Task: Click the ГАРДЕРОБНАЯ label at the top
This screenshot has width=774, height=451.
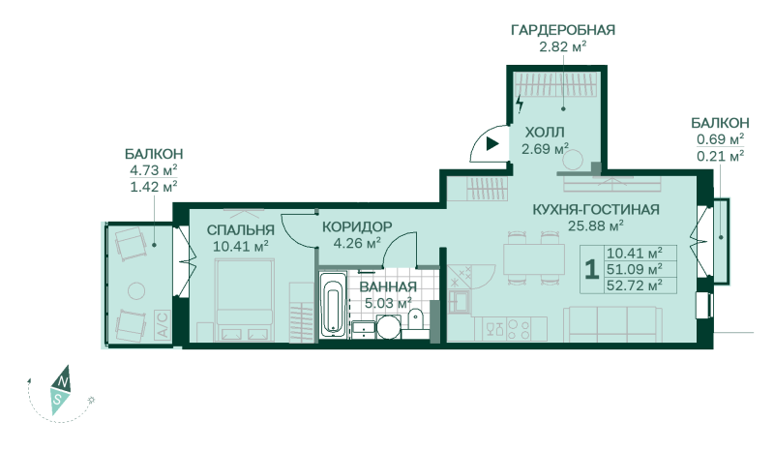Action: pos(563,30)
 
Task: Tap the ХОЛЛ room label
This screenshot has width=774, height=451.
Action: pos(545,133)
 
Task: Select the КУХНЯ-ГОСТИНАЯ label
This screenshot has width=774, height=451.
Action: pos(596,209)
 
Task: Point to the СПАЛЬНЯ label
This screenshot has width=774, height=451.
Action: pos(240,229)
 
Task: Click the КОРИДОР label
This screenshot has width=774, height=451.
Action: pos(357,226)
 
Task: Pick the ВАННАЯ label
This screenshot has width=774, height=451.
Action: pos(388,286)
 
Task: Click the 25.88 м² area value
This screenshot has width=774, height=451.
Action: pos(596,225)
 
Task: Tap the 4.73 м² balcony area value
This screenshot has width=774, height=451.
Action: pos(154,170)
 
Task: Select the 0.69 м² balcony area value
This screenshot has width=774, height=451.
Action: pos(720,139)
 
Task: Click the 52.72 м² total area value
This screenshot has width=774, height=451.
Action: pos(635,286)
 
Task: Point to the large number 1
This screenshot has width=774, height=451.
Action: pos(591,269)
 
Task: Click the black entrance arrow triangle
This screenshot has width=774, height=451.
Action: pos(492,144)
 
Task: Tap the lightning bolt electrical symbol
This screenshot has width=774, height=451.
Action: pos(520,104)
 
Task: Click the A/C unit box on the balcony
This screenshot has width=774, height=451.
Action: pos(163,324)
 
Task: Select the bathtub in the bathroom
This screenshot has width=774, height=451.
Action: pos(333,305)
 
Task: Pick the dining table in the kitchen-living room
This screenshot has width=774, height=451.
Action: pos(534,258)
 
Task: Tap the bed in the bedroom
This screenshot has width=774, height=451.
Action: pos(245,300)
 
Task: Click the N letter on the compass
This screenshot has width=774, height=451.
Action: pos(63,381)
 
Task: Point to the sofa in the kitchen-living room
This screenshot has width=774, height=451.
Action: pos(613,323)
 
